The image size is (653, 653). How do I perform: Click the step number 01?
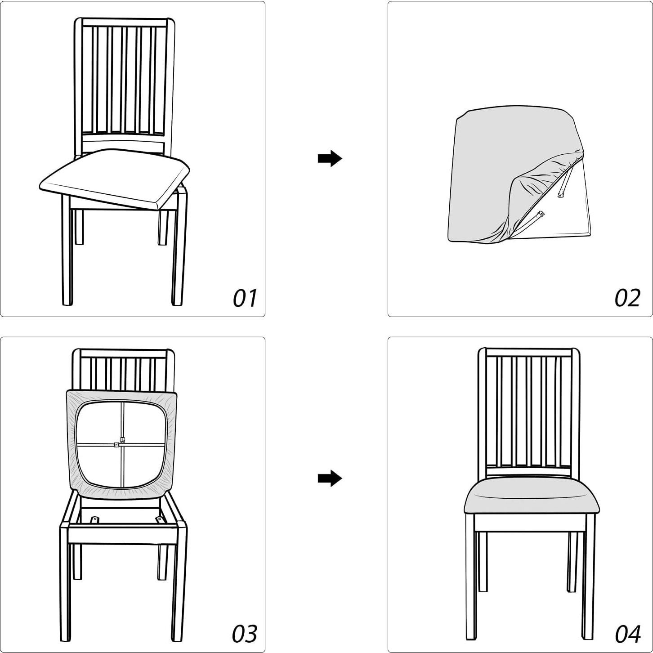245,298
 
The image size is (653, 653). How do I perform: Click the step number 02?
627,298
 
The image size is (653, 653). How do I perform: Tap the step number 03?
245,634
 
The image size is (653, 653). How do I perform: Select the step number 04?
627,634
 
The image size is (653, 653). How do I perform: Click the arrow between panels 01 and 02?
330,158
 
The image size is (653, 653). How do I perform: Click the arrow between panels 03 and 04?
330,478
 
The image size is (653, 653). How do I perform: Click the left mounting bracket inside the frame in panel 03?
94,520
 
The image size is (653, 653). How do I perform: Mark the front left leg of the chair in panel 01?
67,252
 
